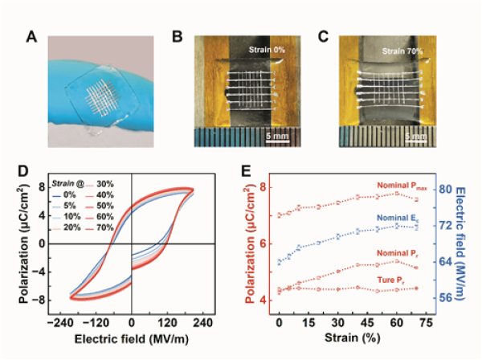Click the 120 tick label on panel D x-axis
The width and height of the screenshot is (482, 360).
pyautogui.click(x=172, y=321)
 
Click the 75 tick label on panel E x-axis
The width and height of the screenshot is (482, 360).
pyautogui.click(x=418, y=321)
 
